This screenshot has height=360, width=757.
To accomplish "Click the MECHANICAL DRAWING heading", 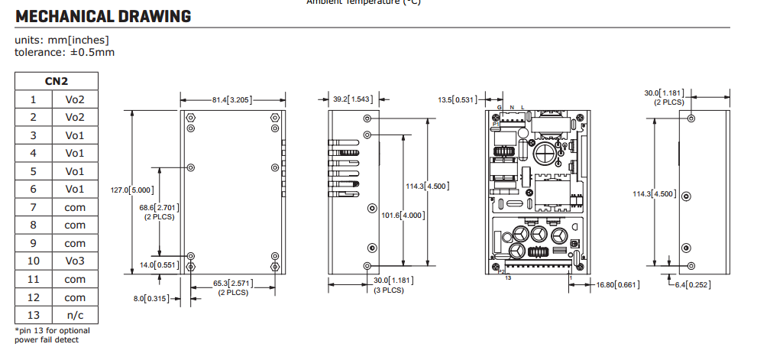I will [x=103, y=16].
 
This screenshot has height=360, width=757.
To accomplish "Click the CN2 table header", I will [x=57, y=81].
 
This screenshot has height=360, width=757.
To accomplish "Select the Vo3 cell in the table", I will [x=75, y=261].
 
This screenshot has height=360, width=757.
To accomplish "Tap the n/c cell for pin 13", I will [x=75, y=316].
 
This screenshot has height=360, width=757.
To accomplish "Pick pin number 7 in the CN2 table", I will [x=33, y=207].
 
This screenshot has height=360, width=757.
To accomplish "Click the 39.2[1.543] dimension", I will [x=353, y=99].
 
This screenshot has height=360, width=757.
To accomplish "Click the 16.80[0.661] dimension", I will [x=617, y=285].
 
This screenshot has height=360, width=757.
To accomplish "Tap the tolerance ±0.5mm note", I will [x=64, y=52].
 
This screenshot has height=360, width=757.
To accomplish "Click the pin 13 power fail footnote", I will [x=52, y=335].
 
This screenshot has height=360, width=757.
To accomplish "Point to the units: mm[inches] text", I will [x=61, y=41].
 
